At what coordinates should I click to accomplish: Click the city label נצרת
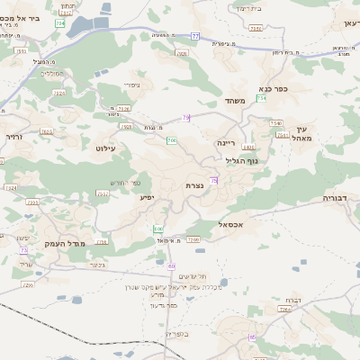pyautogui.click(x=193, y=185)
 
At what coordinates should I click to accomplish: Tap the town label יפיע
pyautogui.click(x=147, y=196)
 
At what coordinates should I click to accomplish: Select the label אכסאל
pyautogui.click(x=232, y=224)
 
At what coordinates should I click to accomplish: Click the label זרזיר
pyautogui.click(x=13, y=137)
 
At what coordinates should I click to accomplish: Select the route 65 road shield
pyautogui.click(x=253, y=337)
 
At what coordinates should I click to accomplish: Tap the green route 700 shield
pyautogui.click(x=171, y=141)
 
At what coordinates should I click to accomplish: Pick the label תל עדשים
pyautogui.click(x=192, y=276)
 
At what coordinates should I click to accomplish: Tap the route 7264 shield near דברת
pyautogui.click(x=284, y=309)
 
